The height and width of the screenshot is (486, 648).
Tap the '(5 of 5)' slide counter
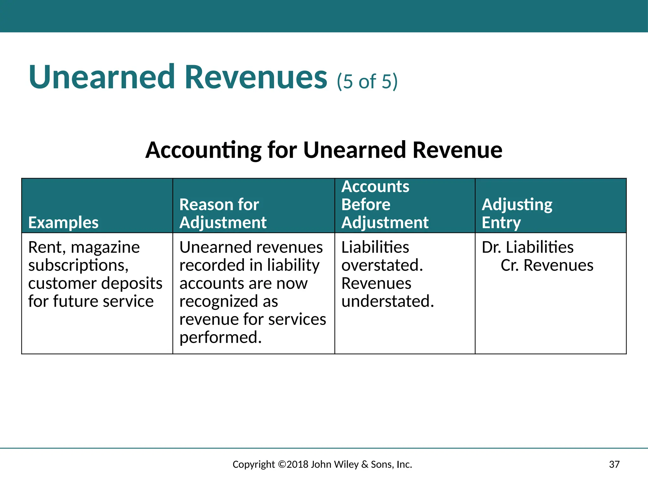click(x=367, y=81)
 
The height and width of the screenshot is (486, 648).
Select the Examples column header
click(x=63, y=222)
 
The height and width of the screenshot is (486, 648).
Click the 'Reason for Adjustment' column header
click(x=223, y=213)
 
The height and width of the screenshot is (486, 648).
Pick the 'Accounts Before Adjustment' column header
click(x=385, y=204)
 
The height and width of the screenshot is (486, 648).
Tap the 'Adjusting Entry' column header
click(x=517, y=213)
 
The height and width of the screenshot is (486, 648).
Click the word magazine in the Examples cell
click(x=105, y=247)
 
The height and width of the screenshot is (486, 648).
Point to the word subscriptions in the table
click(x=78, y=265)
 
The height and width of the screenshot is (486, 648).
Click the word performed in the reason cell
click(x=220, y=337)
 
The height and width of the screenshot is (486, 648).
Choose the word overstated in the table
click(x=382, y=265)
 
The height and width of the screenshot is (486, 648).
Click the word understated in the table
click(x=387, y=301)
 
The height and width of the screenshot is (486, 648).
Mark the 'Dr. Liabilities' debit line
click(x=527, y=247)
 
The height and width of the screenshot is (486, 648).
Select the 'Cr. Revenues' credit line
click(x=547, y=265)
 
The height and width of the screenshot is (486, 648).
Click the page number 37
click(x=614, y=464)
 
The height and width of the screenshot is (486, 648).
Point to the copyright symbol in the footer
click(x=282, y=464)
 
